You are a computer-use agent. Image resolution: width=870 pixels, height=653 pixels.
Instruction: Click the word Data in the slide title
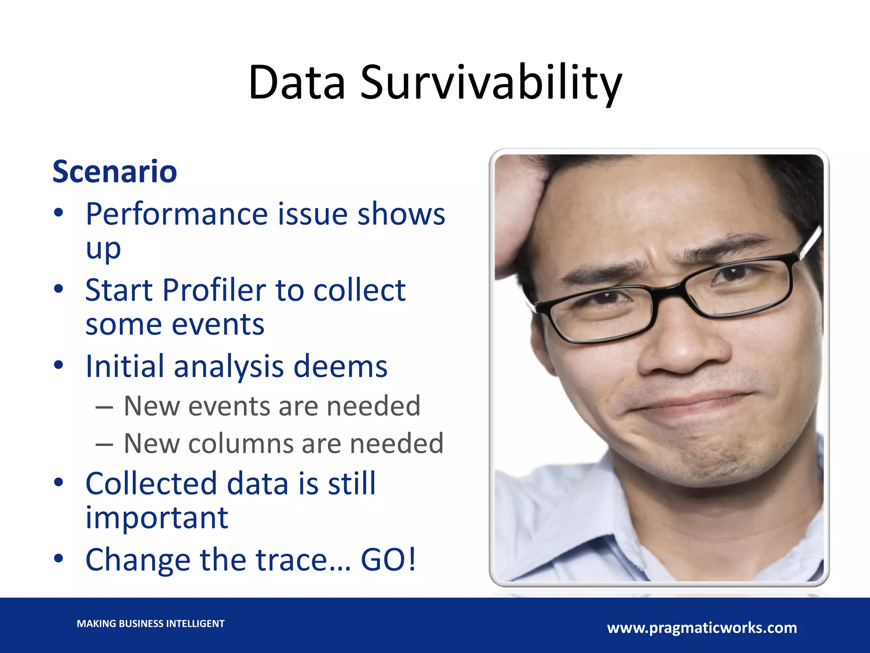click(297, 83)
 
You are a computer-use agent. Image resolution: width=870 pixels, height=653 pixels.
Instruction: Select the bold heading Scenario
click(115, 172)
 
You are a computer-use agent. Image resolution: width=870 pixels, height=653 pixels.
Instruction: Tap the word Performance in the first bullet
click(176, 214)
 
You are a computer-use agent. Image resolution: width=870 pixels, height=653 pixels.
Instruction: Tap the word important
click(157, 518)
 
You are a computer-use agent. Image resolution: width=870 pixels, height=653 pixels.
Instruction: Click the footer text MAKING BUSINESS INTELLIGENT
click(150, 624)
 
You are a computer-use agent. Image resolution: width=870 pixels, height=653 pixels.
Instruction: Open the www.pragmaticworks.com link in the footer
click(702, 628)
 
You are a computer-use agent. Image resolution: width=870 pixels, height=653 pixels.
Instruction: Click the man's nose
click(680, 349)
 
